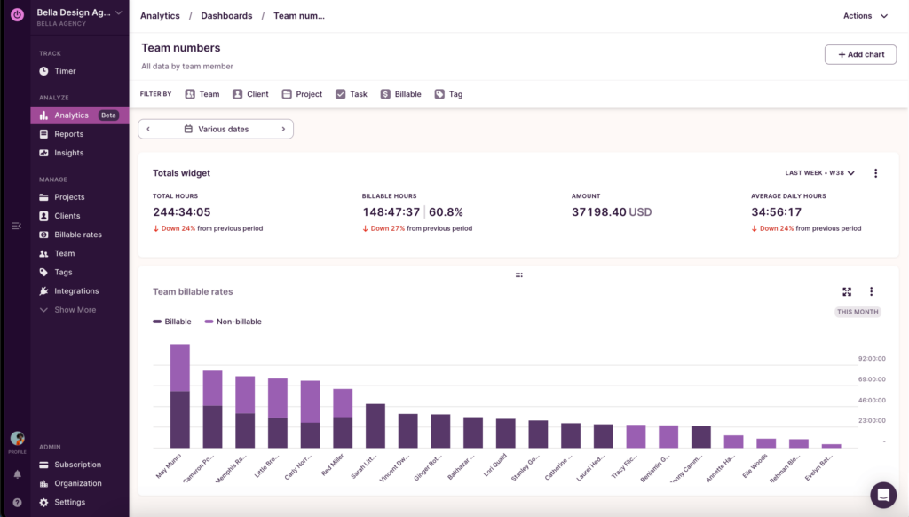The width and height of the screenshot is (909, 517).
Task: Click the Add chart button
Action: click(860, 54)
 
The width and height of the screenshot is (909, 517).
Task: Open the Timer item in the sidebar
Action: click(65, 71)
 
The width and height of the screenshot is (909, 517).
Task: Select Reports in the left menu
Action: click(68, 134)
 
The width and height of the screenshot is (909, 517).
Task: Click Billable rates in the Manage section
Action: click(77, 235)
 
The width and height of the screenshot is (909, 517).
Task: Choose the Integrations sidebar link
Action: click(76, 291)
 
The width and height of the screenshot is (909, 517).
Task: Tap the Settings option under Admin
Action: click(69, 502)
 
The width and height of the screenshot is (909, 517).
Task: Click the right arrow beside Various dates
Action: click(283, 129)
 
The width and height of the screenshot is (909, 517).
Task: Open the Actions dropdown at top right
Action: click(866, 16)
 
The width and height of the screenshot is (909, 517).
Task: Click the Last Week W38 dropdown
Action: click(819, 173)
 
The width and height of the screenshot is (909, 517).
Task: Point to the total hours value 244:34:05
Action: click(181, 212)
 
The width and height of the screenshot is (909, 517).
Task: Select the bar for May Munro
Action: click(180, 396)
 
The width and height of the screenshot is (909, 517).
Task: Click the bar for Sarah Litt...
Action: click(375, 426)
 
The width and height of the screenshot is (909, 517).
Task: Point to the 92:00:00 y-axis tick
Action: click(872, 359)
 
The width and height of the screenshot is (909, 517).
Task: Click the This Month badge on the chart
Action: click(857, 312)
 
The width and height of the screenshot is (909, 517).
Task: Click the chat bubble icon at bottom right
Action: click(882, 495)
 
